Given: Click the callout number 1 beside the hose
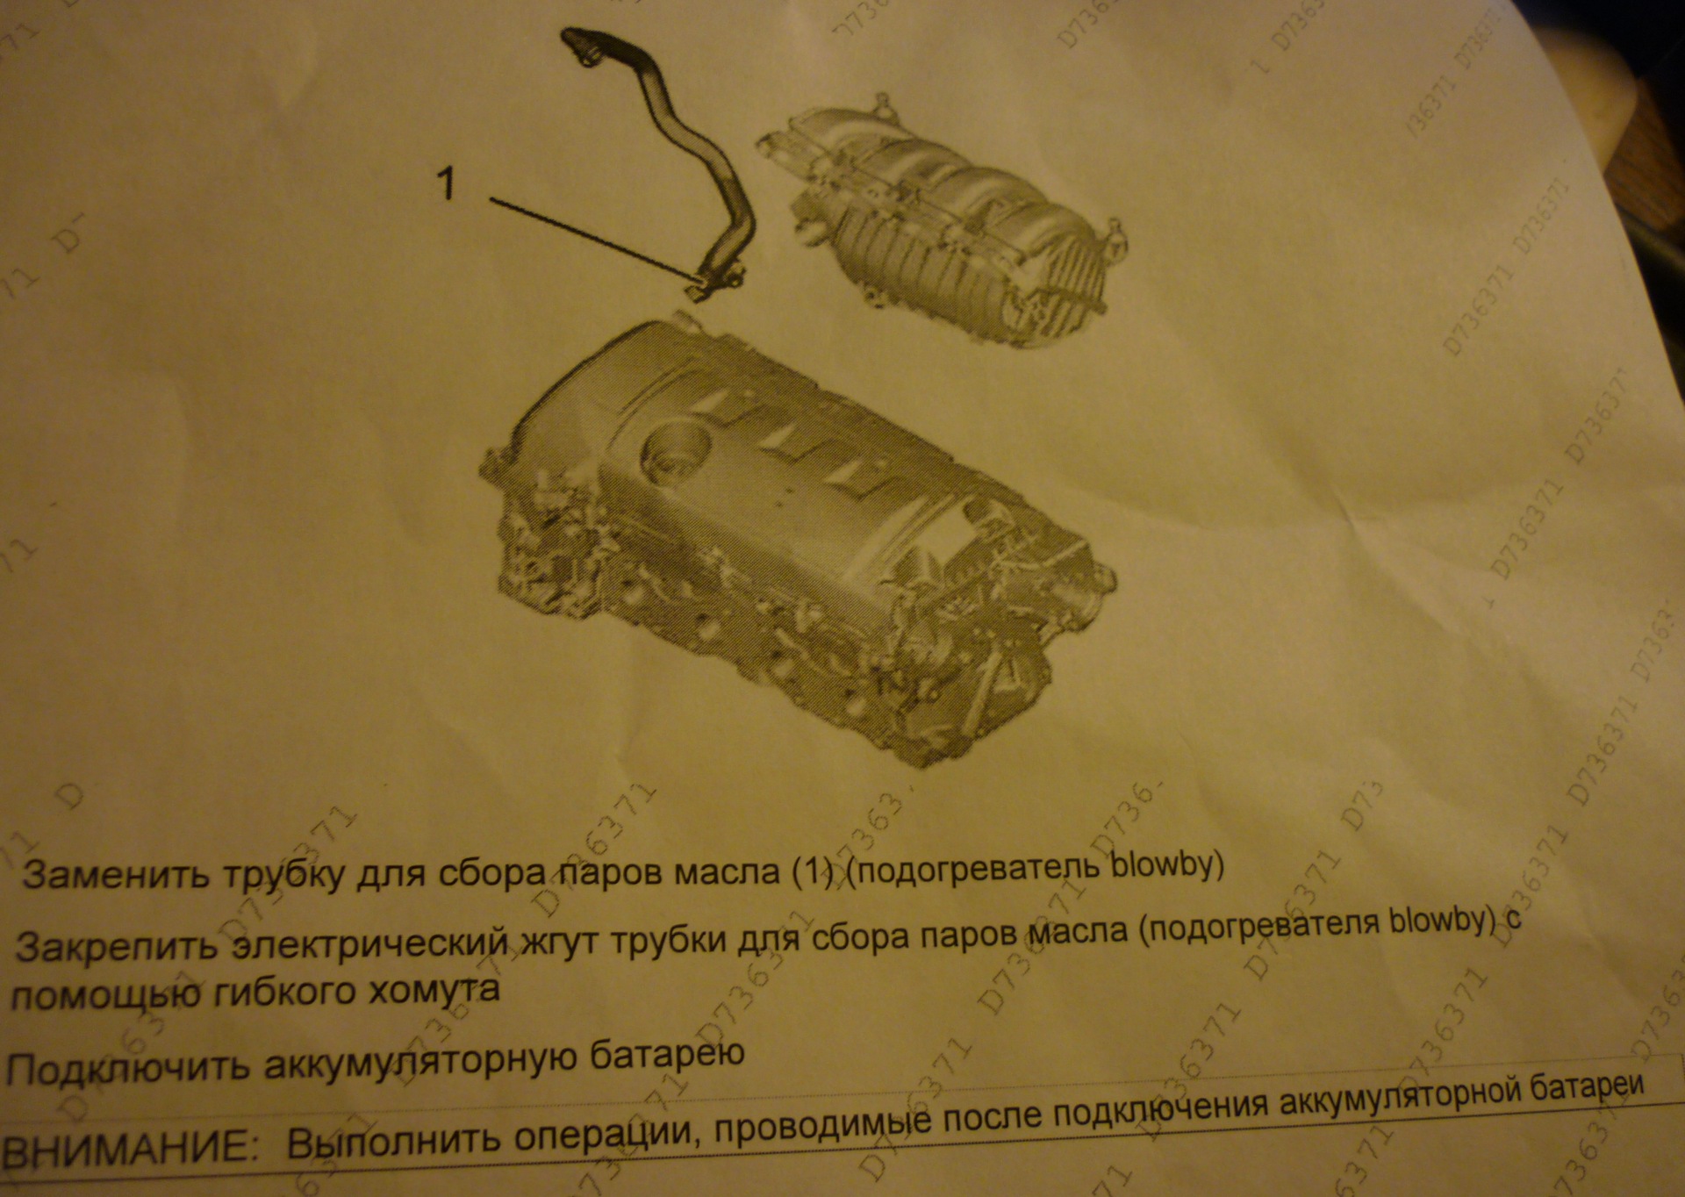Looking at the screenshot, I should pyautogui.click(x=447, y=184).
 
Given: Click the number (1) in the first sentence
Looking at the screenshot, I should pyautogui.click(x=811, y=871).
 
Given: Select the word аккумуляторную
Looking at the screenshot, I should pyautogui.click(x=418, y=1063).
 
